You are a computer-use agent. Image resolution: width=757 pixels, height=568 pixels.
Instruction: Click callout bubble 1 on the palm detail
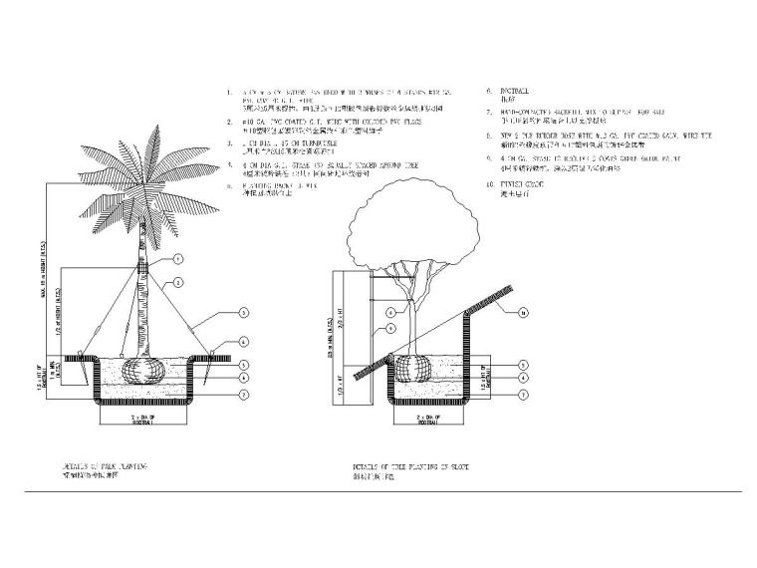(177, 258)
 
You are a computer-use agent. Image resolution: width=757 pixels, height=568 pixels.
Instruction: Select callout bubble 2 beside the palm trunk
(177, 283)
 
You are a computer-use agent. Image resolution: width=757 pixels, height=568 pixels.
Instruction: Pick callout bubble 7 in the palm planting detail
(241, 394)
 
